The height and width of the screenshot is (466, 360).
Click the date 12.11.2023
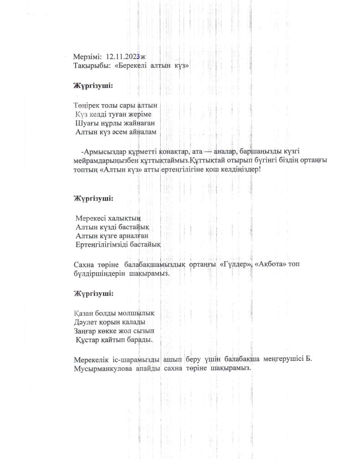122,56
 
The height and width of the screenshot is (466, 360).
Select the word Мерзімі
87,57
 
